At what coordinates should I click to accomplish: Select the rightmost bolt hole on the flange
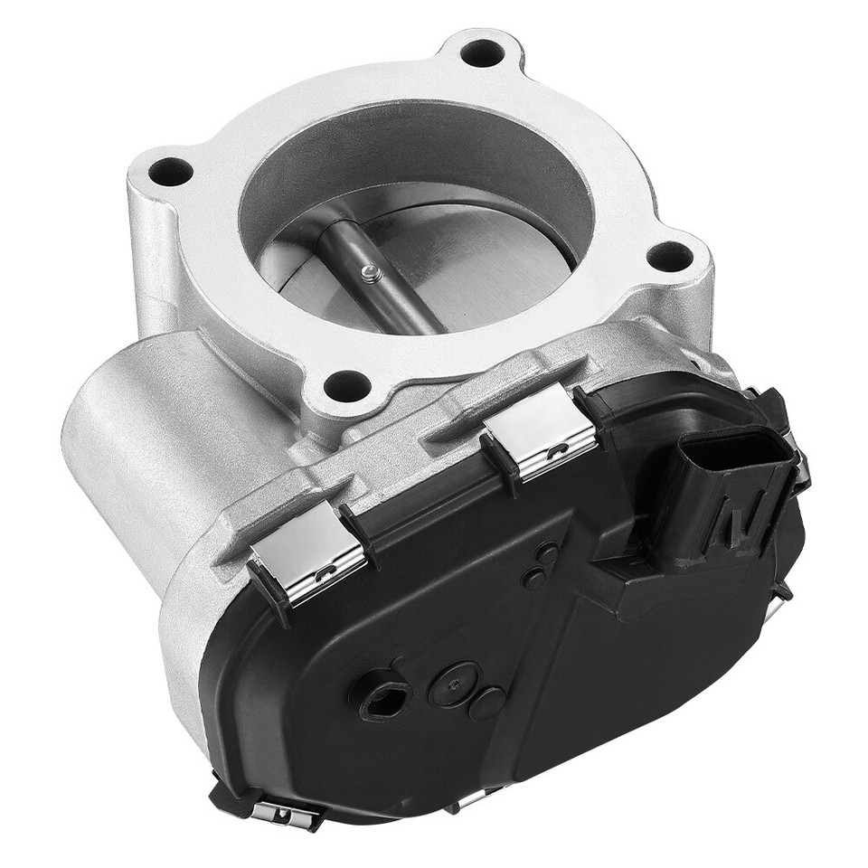(x=670, y=257)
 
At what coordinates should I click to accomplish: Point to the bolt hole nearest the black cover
(x=346, y=387)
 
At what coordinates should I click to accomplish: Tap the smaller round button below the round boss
(x=487, y=703)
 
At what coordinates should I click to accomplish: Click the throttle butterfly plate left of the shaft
(x=298, y=271)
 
